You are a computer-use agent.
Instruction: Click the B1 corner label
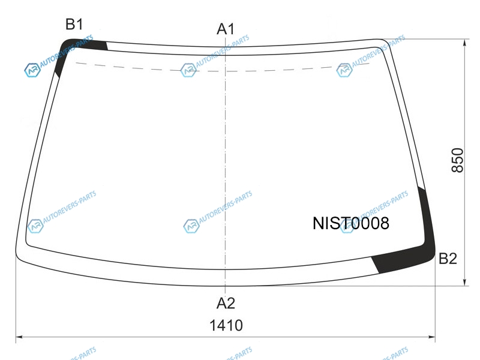74,24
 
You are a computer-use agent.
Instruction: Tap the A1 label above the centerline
226,29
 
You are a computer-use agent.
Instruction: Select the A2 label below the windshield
226,304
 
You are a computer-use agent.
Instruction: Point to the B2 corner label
448,259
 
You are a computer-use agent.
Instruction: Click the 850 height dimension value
458,160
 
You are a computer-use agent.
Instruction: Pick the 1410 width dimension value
226,325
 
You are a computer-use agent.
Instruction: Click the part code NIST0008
351,223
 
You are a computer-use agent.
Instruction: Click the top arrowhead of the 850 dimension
464,43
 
